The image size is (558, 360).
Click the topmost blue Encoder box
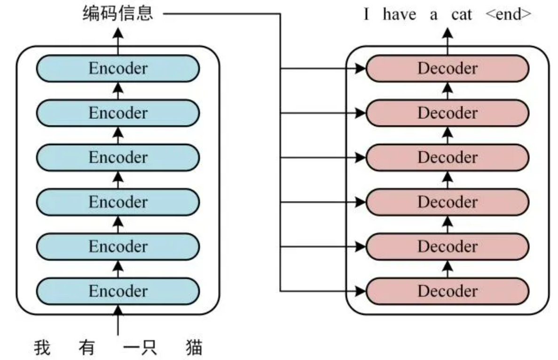(x=118, y=69)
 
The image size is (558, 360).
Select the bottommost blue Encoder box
(x=118, y=291)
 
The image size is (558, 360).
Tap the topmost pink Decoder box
(x=448, y=69)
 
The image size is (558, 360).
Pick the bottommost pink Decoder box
(x=448, y=291)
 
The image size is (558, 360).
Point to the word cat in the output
(x=462, y=15)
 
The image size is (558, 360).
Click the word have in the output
(x=399, y=15)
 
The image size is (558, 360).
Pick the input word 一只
(x=140, y=348)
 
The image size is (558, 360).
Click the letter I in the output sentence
(x=367, y=15)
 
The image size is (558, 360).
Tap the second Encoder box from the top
(x=118, y=113)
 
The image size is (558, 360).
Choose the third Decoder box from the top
(x=448, y=157)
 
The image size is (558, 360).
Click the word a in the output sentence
(x=433, y=15)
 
